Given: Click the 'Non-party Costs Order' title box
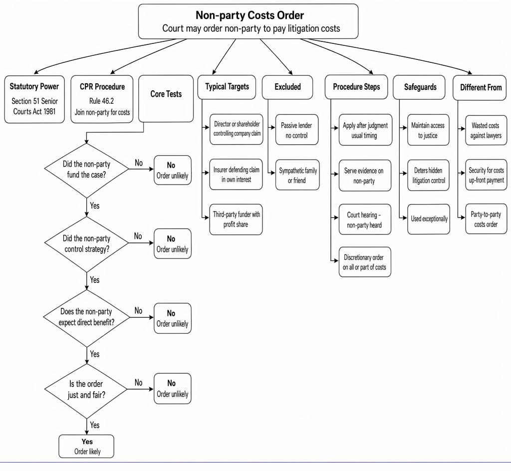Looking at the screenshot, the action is [248, 21].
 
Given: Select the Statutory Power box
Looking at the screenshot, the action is [34, 99].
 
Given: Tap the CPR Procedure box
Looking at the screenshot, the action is [102, 99].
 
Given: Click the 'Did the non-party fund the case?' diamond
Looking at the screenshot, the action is [86, 170].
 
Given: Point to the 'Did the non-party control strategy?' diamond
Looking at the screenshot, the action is [86, 244].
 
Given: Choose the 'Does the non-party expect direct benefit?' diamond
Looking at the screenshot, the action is [86, 318].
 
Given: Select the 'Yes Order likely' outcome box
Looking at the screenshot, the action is [86, 446].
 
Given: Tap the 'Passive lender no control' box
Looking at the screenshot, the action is [296, 130].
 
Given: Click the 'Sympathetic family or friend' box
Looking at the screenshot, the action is [297, 175].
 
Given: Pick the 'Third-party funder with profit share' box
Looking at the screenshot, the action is [236, 220].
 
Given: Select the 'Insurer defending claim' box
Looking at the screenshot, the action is [236, 175].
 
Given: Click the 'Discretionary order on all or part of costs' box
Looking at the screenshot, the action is [365, 262].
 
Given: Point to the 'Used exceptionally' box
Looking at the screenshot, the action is [429, 219].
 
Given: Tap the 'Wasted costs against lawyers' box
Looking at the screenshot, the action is [486, 130].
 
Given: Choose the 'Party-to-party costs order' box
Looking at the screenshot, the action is [486, 219].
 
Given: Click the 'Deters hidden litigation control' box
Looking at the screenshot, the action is [428, 175].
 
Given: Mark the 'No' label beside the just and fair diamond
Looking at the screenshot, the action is [139, 382].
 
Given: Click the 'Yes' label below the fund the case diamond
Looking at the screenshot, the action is [94, 206].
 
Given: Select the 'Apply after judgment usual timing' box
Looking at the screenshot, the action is [365, 130].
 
